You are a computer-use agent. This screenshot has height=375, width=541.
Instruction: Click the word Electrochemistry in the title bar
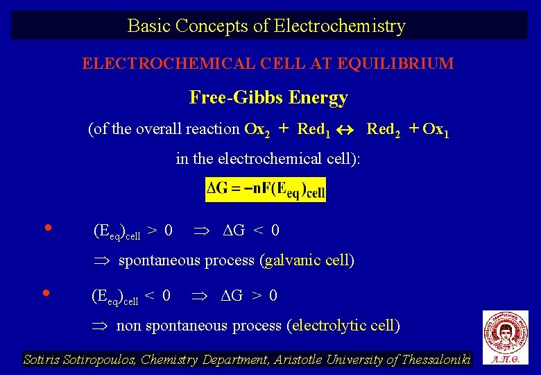click(x=340, y=26)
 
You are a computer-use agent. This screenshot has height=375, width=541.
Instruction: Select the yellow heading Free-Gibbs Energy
click(x=268, y=98)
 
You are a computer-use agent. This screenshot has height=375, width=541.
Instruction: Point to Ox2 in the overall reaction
click(x=257, y=130)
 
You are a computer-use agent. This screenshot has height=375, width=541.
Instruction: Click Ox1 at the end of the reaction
click(x=436, y=130)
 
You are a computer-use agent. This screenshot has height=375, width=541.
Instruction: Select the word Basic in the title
click(x=149, y=26)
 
